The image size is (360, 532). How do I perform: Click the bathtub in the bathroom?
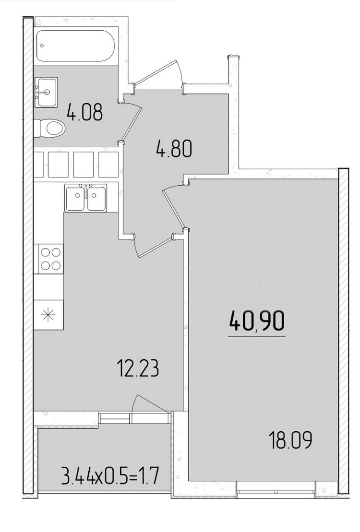75,46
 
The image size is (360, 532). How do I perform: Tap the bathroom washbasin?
46,92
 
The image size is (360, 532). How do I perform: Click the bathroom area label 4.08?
84,112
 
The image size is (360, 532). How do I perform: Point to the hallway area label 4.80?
174,149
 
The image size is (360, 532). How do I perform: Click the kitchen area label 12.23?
138,368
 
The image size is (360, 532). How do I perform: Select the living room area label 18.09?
290,440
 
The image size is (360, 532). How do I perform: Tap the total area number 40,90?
257,321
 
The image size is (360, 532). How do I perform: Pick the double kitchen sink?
86,198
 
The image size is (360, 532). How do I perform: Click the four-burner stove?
50,259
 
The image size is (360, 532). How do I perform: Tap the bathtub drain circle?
42,46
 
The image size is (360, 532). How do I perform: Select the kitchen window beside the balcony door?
115,418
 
